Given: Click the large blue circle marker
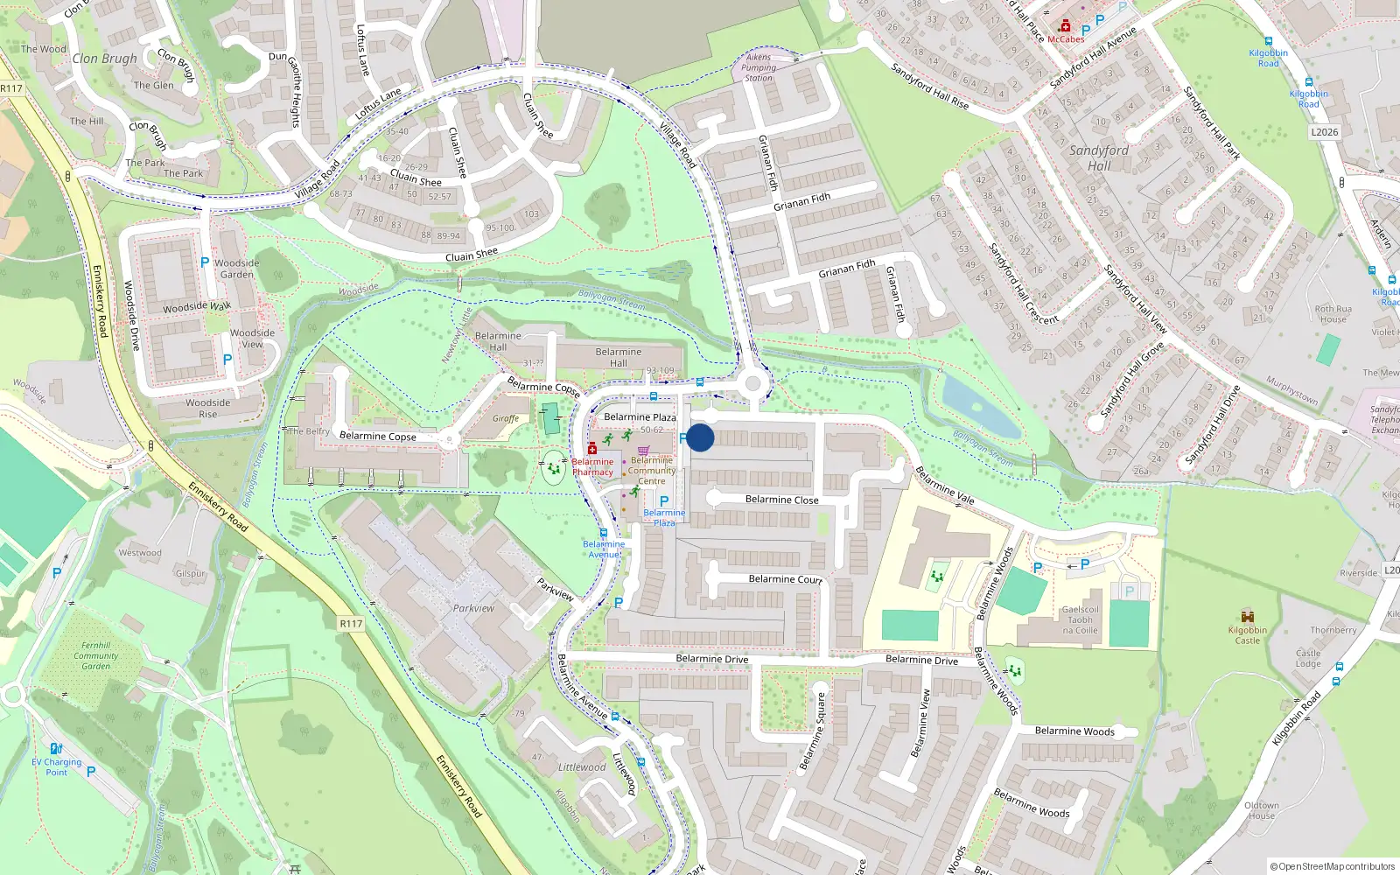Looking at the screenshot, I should (700, 437).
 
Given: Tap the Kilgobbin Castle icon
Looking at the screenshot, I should (1248, 617).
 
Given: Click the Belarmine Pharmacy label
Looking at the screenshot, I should (592, 467).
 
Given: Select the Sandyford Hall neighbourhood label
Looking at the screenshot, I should (1099, 157).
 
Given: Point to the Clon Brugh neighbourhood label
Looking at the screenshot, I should (104, 59).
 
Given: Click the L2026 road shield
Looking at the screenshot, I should (1324, 132).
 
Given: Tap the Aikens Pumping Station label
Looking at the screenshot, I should (759, 67).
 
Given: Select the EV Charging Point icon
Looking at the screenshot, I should (56, 749).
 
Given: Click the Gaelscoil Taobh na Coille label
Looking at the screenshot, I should (1081, 619).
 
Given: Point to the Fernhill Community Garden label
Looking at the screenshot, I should (95, 655).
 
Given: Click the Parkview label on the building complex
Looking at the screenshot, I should (473, 608).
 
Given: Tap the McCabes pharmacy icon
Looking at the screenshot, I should (1066, 26).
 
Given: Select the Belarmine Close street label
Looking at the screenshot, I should (781, 500).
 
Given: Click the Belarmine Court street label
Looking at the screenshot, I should (785, 579).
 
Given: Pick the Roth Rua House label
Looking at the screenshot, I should (1333, 314).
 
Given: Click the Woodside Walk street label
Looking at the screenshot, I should (197, 307).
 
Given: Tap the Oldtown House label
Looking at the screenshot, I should (1262, 810).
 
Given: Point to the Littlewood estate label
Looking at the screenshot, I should (582, 767).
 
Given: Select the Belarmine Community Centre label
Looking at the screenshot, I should (652, 471).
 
